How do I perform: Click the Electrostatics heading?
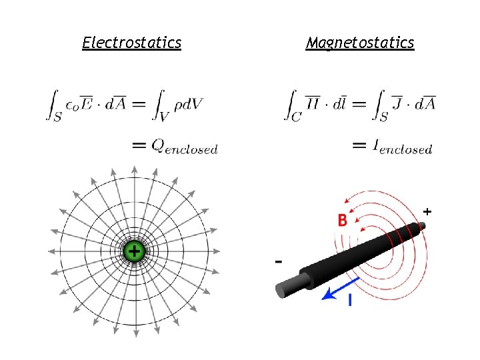click(131, 43)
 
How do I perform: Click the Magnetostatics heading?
click(360, 43)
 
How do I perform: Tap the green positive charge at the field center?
click(134, 251)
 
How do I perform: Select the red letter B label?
click(342, 220)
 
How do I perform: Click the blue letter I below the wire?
click(350, 301)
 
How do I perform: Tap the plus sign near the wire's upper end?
click(427, 211)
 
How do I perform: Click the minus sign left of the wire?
click(278, 261)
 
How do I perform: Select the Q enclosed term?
click(184, 146)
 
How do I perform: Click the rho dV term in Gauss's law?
click(188, 104)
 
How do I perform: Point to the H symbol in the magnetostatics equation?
click(312, 103)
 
